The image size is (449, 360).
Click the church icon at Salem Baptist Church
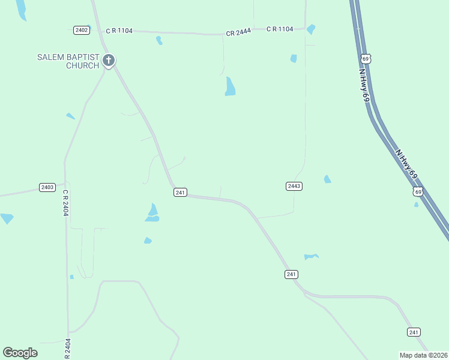(x=109, y=60)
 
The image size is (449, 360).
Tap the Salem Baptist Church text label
(x=68, y=61)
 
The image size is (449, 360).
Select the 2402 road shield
(x=82, y=30)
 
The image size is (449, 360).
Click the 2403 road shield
(x=47, y=187)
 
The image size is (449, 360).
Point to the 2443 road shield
(x=294, y=186)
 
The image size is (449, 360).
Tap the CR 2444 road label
(x=238, y=33)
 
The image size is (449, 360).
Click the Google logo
(x=20, y=353)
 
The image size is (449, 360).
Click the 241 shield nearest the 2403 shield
(x=181, y=192)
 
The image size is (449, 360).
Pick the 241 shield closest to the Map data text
(x=414, y=332)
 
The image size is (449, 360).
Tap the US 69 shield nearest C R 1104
(x=366, y=58)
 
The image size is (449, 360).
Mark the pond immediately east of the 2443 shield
(x=327, y=179)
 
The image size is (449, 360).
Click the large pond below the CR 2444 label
(x=230, y=86)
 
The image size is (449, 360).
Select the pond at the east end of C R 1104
(x=310, y=29)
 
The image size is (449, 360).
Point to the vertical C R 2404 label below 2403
(x=65, y=203)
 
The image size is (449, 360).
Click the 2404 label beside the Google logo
(x=68, y=349)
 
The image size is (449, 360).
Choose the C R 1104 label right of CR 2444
(x=280, y=29)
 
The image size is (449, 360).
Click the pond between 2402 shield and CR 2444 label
(x=159, y=41)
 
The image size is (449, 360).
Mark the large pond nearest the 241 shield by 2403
(x=152, y=212)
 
